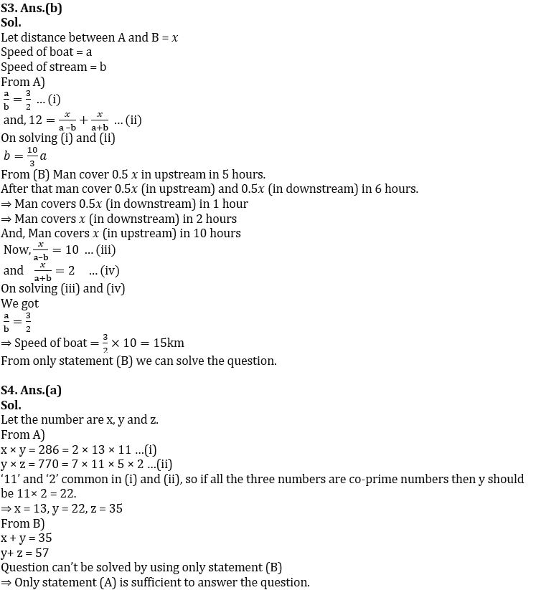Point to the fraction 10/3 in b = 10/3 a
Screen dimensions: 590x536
pyautogui.click(x=32, y=156)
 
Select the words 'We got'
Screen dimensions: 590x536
pyautogui.click(x=20, y=303)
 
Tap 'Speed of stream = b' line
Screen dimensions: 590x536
pyautogui.click(x=54, y=67)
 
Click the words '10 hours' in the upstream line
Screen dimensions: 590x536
pyautogui.click(x=216, y=233)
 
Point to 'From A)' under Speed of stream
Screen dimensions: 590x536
pyautogui.click(x=23, y=82)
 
